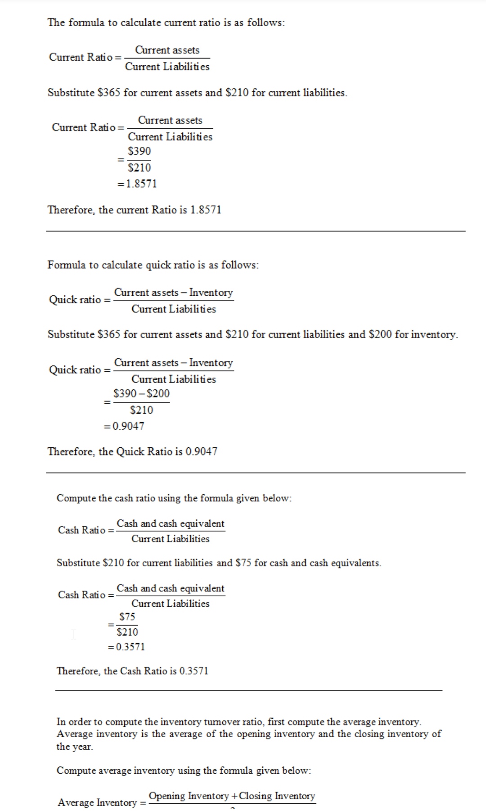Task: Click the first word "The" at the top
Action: pos(56,23)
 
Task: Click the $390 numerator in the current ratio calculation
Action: pos(139,151)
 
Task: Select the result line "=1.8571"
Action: pos(137,184)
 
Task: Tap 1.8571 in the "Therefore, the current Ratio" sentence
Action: pos(206,210)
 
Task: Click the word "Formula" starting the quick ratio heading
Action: pos(66,265)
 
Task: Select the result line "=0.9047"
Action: pos(124,426)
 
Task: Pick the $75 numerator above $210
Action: pos(127,617)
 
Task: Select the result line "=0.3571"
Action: pos(126,647)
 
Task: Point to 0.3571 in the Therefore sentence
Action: pos(193,671)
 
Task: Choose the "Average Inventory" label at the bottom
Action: pos(97,802)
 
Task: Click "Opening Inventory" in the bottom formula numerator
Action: pos(189,796)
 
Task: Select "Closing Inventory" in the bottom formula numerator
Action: pos(277,796)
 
